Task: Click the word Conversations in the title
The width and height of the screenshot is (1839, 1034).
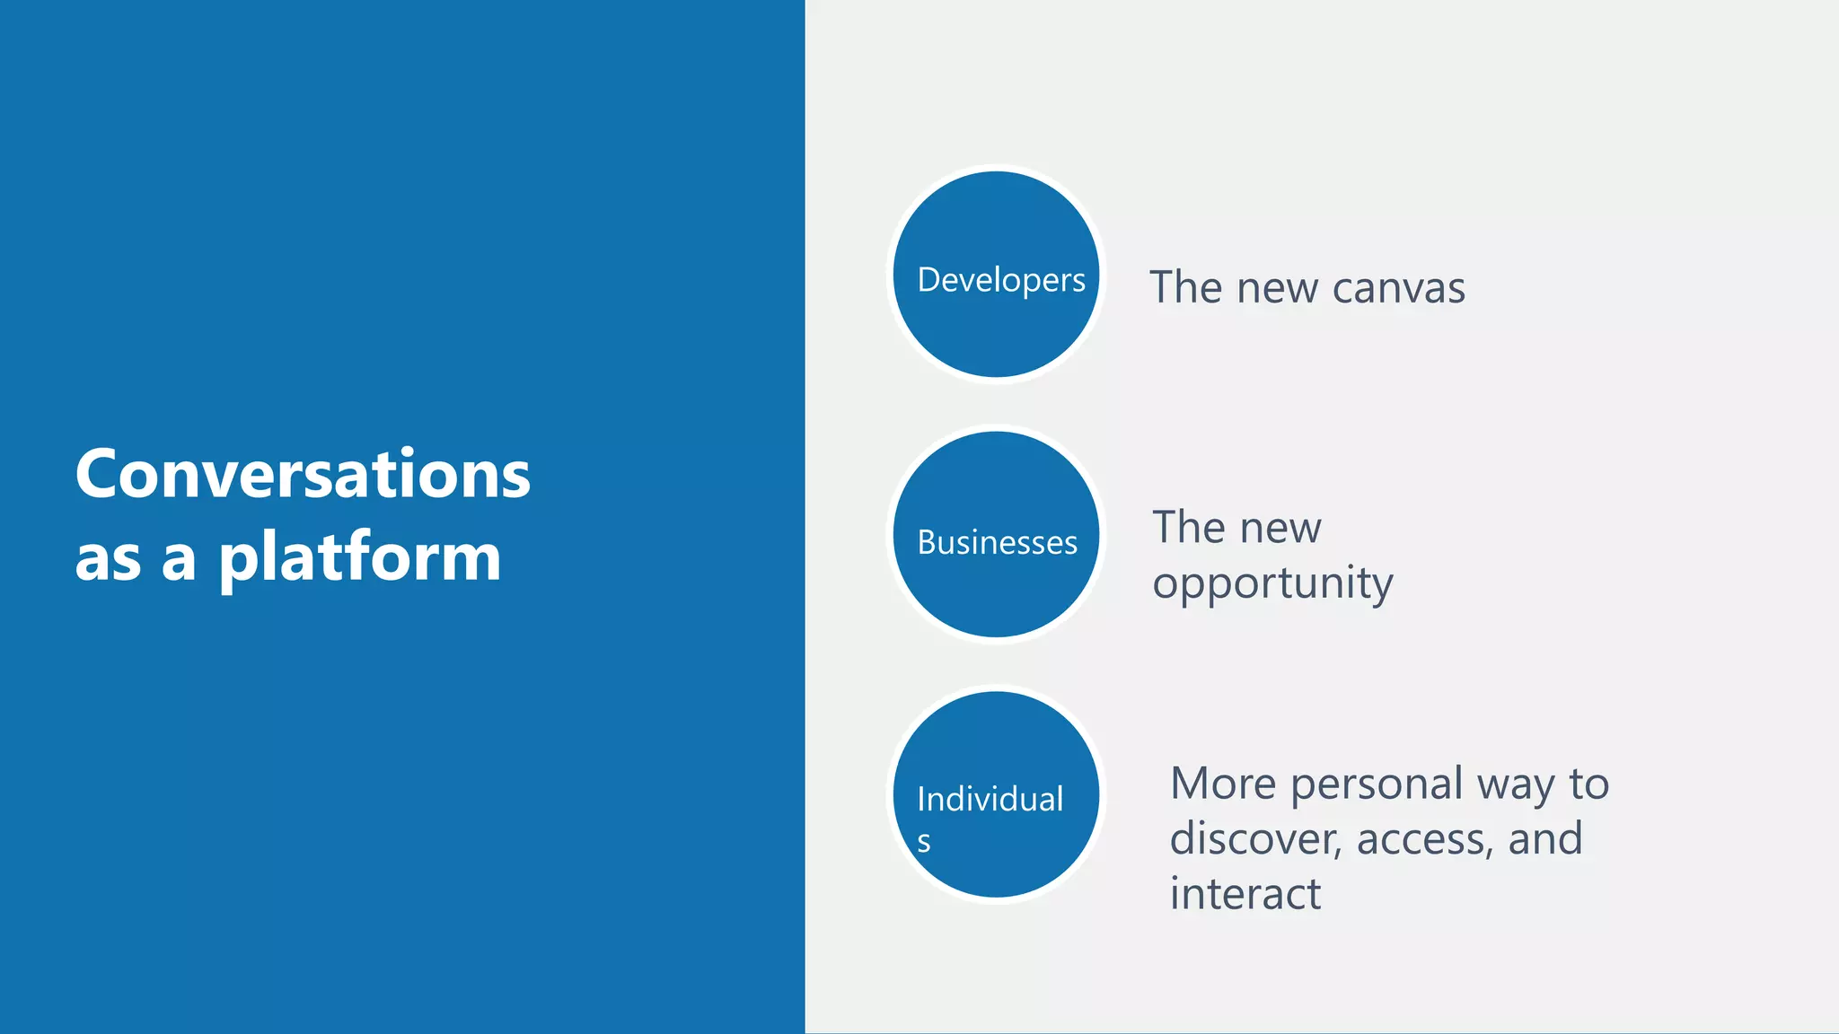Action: [x=303, y=474]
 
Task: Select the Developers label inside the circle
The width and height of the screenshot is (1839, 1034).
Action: [x=1000, y=280]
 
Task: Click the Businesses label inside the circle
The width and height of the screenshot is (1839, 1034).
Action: [x=997, y=543]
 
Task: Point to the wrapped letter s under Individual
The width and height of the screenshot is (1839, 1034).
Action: [x=924, y=843]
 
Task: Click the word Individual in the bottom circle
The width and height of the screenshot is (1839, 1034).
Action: [x=990, y=799]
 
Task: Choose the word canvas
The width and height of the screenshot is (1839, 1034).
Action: [x=1398, y=289]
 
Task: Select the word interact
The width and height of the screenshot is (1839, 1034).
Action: [x=1245, y=895]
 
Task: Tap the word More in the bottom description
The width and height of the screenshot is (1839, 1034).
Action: [x=1222, y=784]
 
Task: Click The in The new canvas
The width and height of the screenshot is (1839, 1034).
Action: [x=1185, y=288]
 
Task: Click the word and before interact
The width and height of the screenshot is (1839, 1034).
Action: [x=1544, y=839]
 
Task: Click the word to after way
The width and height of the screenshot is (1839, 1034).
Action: [x=1588, y=784]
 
